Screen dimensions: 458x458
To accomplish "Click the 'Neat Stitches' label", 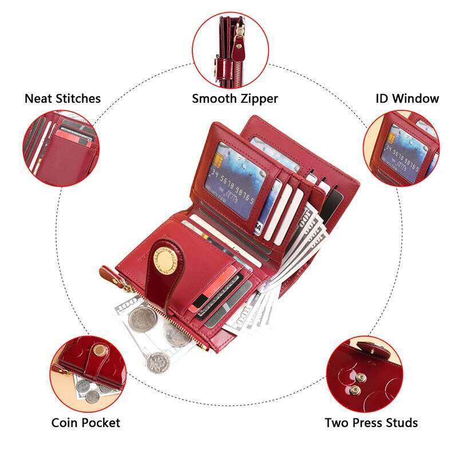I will [x=62, y=98].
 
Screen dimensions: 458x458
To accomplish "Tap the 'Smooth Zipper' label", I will [x=235, y=98].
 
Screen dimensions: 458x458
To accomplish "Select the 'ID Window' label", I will [x=407, y=98].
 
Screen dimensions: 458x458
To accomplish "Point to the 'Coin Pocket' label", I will [x=86, y=423].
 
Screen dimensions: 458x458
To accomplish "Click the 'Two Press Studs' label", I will [x=371, y=423].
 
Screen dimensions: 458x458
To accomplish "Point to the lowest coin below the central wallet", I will [x=154, y=361].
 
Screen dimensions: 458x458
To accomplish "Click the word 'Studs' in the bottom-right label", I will [x=401, y=423].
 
